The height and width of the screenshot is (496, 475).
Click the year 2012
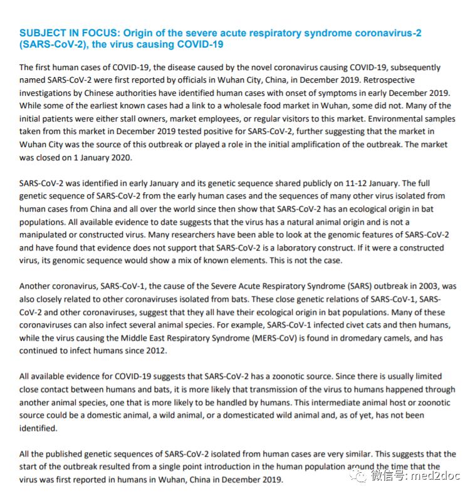pos(155,351)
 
